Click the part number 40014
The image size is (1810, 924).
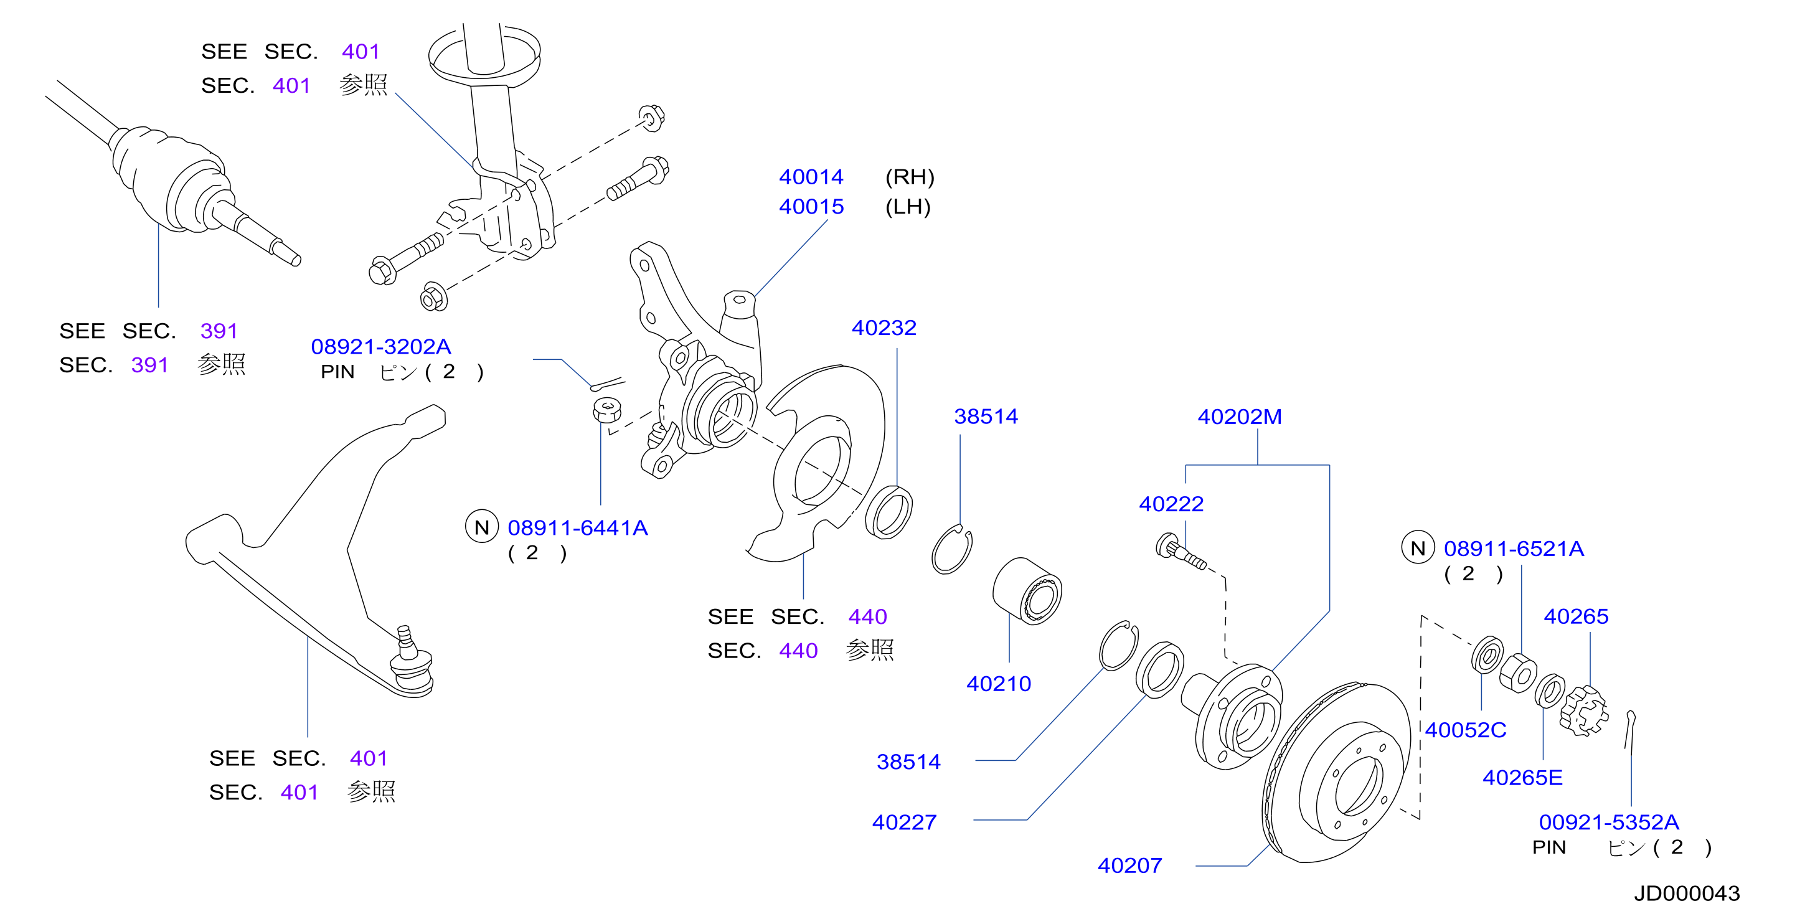coord(811,176)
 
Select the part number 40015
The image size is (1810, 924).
coord(811,207)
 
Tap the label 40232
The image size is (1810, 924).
coord(884,328)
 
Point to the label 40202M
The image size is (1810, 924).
coord(1240,417)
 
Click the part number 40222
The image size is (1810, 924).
coord(1171,504)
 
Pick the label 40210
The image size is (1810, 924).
coord(999,684)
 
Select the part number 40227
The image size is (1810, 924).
coord(904,822)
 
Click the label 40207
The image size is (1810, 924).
coord(1130,865)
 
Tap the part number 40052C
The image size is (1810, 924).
coord(1466,730)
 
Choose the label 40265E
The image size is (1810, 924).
coord(1522,778)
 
